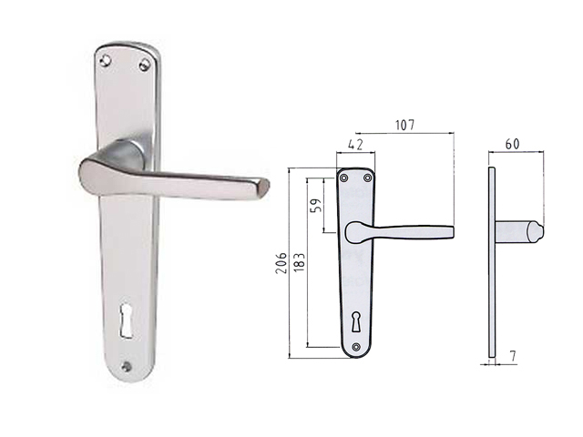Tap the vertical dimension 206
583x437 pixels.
[x=281, y=263]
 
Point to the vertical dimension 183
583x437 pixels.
[x=300, y=263]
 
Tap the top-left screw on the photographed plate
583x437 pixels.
[x=107, y=60]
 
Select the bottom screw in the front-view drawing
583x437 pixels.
[x=355, y=345]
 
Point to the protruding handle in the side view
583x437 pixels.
[x=519, y=232]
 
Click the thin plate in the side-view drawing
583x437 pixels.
[x=492, y=273]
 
